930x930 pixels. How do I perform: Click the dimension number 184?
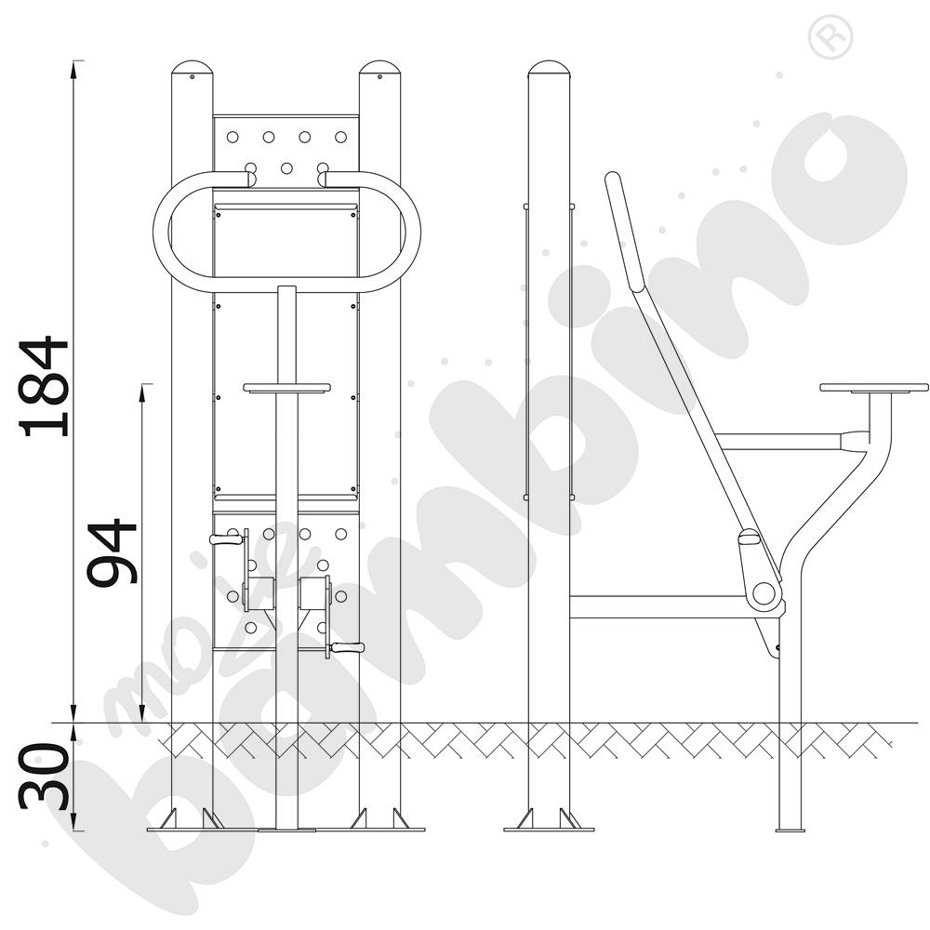pyautogui.click(x=44, y=386)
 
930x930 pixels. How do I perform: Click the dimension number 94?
pyautogui.click(x=113, y=552)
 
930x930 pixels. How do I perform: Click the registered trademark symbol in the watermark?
pyautogui.click(x=830, y=37)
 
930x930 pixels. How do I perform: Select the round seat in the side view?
pyautogui.click(x=873, y=387)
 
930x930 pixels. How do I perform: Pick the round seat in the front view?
pyautogui.click(x=286, y=388)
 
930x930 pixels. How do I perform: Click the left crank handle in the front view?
pyautogui.click(x=226, y=539)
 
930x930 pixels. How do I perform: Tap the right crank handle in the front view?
pyautogui.click(x=348, y=647)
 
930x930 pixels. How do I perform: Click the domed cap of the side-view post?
pyautogui.click(x=549, y=67)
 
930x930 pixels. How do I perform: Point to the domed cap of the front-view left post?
pyautogui.click(x=192, y=67)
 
